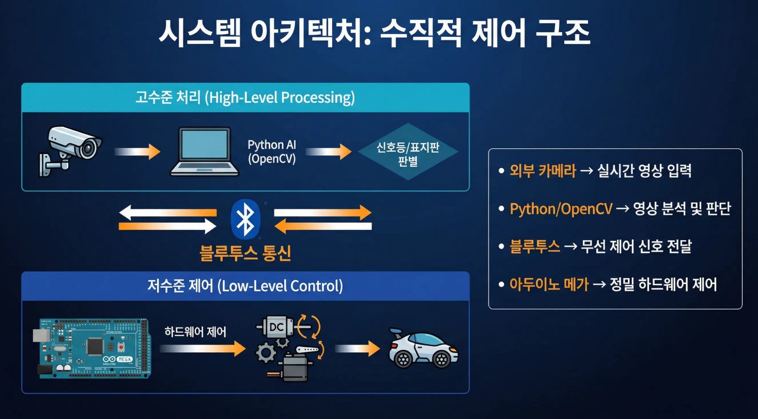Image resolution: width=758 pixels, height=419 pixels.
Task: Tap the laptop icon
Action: pos(205,151)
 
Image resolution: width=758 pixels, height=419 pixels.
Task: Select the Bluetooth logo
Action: pos(245,219)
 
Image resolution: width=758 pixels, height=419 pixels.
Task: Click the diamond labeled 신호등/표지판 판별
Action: pos(408,151)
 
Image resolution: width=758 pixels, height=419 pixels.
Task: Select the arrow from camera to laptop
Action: pos(137,152)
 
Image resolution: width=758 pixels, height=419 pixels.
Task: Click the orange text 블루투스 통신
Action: pos(245,253)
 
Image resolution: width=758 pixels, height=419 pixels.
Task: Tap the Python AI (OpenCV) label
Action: pos(272,152)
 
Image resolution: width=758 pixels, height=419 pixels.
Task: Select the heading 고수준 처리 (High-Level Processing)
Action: pos(245,98)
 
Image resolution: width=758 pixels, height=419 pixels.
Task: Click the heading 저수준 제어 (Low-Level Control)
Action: pos(245,286)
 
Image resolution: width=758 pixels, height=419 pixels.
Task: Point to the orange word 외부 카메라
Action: pos(543,172)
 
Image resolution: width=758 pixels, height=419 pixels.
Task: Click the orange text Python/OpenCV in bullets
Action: pos(561,209)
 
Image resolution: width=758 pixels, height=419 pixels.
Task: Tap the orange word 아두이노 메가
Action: pos(549,284)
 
